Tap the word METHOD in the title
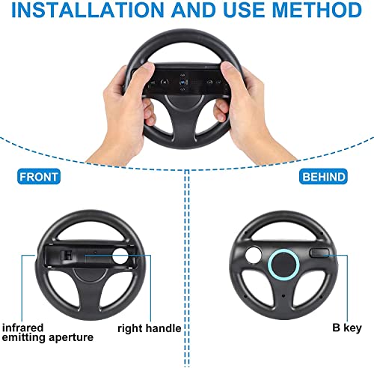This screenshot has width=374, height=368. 316,10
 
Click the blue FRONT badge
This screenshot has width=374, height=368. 39,177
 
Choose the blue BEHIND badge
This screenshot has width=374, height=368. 323,177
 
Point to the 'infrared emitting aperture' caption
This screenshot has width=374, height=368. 48,332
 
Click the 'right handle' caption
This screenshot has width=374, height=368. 149,328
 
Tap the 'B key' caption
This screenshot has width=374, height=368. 347,328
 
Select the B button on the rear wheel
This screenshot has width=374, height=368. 319,253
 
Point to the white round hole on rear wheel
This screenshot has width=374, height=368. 254,255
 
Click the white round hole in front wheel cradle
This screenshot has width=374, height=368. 120,255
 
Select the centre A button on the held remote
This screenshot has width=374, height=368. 183,82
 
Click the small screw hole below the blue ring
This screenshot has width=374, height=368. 283,296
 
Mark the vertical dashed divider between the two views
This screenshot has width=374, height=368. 187,269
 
